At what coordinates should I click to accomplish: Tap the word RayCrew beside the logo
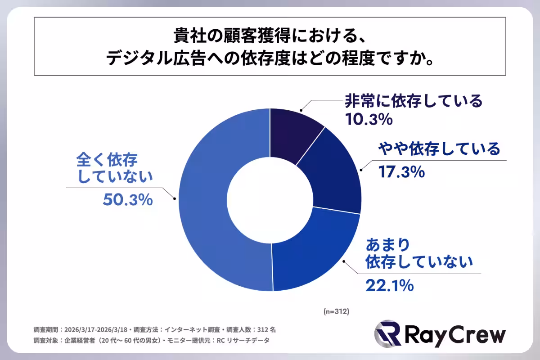[454, 335]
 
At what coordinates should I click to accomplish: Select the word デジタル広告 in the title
[155, 59]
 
